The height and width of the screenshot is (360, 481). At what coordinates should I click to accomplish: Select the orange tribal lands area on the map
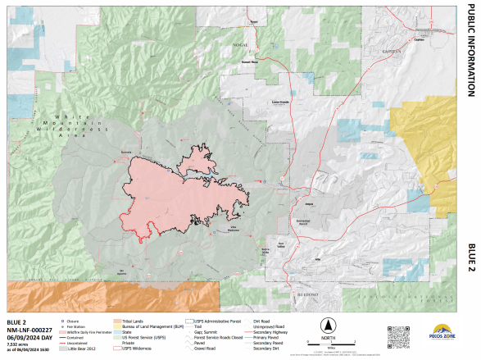[107, 295]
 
